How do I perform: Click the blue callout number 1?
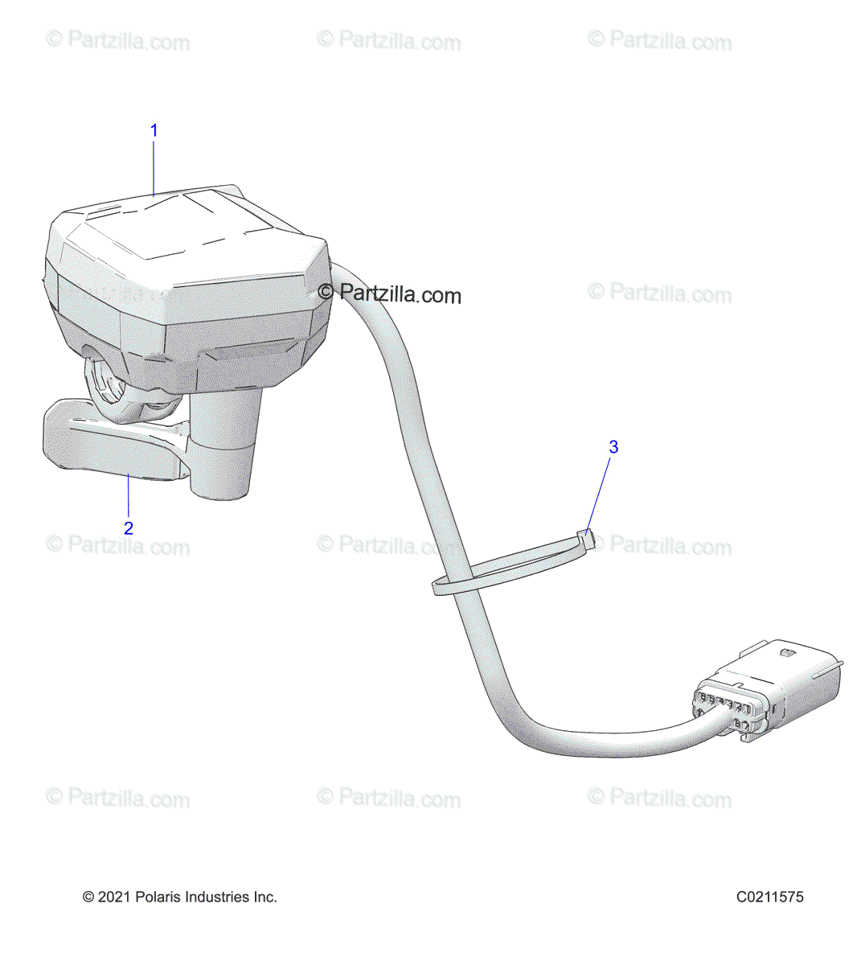click(154, 130)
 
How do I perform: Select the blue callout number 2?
click(128, 528)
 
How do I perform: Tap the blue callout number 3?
click(613, 447)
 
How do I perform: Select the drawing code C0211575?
click(769, 897)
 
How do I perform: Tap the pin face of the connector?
click(724, 708)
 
